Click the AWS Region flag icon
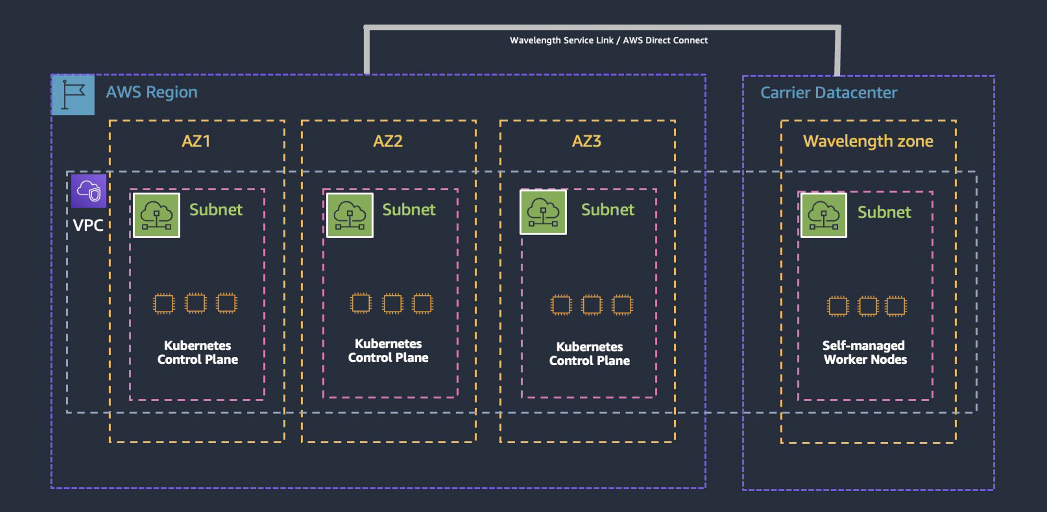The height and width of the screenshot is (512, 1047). coord(73,95)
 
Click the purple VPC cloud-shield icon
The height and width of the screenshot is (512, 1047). coord(89,191)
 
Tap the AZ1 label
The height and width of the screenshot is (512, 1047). coord(196,141)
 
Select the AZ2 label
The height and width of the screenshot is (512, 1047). coord(388,141)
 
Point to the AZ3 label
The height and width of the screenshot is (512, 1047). coord(586,141)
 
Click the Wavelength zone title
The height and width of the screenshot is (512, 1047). coord(868,141)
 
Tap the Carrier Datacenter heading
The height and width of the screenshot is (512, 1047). coord(828,92)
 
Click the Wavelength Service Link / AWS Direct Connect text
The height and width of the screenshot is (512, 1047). coord(609,40)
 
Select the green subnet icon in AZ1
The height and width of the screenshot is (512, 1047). coord(157,215)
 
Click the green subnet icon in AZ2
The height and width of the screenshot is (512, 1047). coord(349,215)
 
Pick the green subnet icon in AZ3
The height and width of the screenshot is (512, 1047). coord(543,212)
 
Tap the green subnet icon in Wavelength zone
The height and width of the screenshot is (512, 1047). coord(823,215)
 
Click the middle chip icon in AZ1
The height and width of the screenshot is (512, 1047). coord(195,303)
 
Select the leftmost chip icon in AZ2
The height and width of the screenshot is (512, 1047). coord(360,303)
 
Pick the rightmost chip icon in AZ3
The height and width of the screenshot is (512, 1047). coord(622,305)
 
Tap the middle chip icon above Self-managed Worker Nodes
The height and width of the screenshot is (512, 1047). coord(867,306)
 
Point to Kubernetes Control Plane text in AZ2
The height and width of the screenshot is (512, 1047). coord(388,350)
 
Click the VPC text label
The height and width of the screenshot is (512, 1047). coord(88,225)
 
